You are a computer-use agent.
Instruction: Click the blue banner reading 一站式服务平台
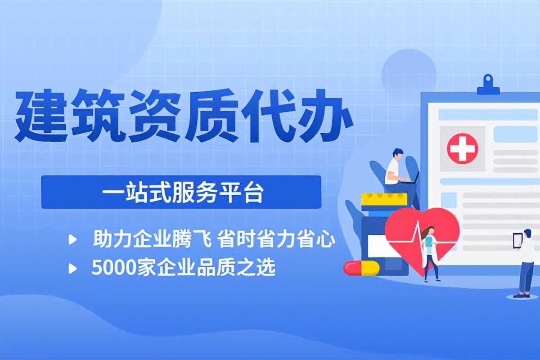[x=181, y=192]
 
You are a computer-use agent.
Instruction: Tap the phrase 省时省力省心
[x=276, y=240]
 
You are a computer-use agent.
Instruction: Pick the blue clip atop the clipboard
[x=488, y=85]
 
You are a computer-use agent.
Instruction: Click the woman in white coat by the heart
[x=429, y=252]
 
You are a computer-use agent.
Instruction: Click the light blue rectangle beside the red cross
[x=515, y=134]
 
